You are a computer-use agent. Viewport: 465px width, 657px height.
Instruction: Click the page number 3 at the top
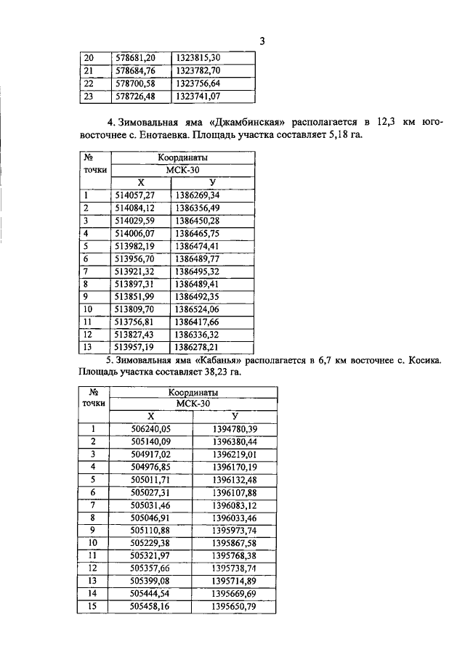click(263, 41)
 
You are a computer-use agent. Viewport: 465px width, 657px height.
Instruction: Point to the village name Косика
click(421, 360)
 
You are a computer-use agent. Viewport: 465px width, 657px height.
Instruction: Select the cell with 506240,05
click(150, 429)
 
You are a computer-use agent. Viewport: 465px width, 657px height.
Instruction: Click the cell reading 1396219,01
click(235, 454)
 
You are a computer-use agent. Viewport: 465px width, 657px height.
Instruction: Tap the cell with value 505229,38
click(150, 542)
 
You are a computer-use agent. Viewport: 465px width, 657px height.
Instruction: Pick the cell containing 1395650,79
click(235, 605)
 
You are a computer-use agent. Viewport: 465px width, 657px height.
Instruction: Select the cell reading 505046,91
click(150, 517)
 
